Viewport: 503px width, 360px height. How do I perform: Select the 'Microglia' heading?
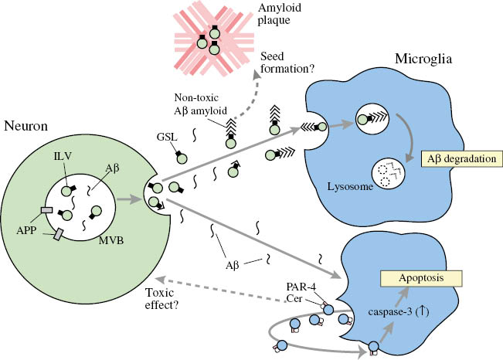[x=433, y=59]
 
